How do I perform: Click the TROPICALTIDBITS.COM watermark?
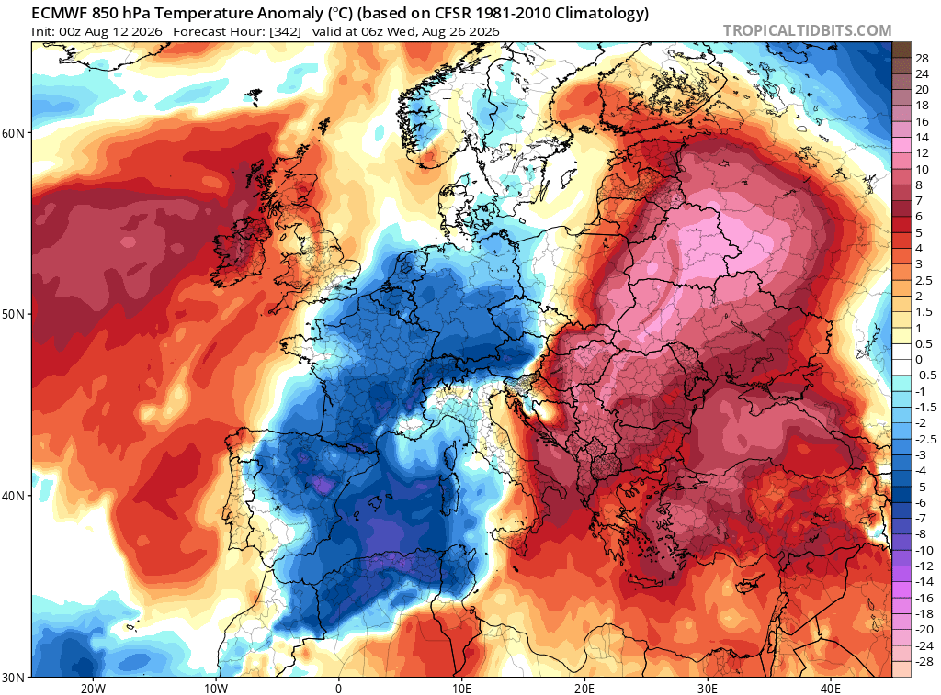point(807,30)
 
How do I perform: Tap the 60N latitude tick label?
point(13,132)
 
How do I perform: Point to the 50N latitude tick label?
point(13,314)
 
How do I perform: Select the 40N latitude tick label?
point(13,496)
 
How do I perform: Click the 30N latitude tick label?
point(13,678)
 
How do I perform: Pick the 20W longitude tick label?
point(93,688)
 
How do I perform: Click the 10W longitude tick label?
point(216,688)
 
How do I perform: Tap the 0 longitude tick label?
point(339,688)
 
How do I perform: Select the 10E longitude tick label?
point(461,688)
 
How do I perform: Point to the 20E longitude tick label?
point(584,688)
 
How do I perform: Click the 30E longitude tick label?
point(708,688)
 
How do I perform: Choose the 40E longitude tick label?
point(831,688)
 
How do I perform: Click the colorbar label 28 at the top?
point(922,58)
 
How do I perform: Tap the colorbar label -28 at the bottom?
point(924,661)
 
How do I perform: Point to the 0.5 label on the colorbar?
point(924,343)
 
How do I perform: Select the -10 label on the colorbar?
point(924,550)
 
